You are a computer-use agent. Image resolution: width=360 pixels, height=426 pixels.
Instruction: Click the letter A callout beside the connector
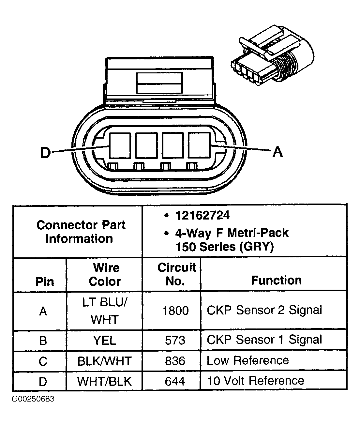[277, 151]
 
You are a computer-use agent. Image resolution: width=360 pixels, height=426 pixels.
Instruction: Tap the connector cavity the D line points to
[120, 145]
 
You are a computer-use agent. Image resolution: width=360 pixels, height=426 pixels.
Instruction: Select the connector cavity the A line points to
[200, 145]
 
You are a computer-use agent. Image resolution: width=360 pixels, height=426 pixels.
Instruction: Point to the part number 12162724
[202, 215]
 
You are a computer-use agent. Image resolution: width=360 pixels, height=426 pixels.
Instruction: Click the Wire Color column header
[105, 275]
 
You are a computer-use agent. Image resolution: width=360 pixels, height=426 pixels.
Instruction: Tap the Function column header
[276, 280]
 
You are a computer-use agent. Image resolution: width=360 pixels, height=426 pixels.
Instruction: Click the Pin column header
[45, 281]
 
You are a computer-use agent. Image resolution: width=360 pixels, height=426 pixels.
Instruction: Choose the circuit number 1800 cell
[175, 311]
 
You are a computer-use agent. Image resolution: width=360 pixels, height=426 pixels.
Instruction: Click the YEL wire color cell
[105, 341]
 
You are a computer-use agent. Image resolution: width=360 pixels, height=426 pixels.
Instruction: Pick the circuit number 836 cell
[175, 361]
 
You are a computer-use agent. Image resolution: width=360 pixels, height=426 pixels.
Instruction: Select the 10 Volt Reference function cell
[256, 381]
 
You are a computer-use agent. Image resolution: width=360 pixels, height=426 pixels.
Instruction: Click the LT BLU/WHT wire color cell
[105, 311]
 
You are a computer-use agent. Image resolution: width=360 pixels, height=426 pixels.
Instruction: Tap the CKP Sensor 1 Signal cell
[264, 340]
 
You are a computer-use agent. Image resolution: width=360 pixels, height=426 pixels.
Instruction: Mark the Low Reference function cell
[248, 360]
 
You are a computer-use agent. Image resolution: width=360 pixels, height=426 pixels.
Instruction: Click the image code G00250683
[34, 399]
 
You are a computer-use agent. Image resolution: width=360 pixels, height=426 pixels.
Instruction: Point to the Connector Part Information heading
[80, 232]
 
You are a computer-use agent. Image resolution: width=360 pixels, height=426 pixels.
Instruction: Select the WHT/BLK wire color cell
[105, 381]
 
